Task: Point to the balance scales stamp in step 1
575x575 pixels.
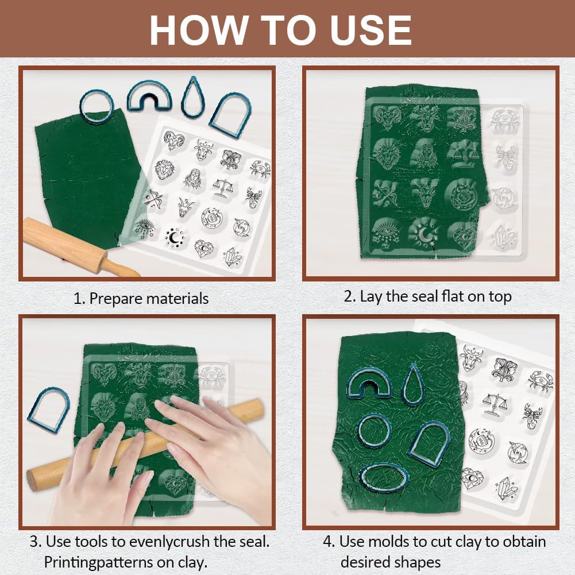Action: click(x=222, y=186)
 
